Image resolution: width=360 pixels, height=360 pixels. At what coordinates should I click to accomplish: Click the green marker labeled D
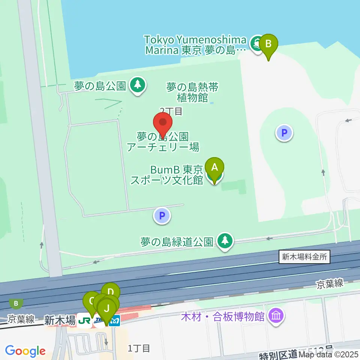pos(110,292)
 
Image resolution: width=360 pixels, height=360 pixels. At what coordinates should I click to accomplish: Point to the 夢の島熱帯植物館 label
pos(192,92)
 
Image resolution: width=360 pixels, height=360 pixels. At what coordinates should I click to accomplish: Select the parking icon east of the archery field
pos(284,133)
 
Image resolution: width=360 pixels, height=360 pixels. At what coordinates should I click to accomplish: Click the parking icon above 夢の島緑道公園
pos(162,216)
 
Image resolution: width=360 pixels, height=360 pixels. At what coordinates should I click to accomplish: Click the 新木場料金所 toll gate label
pos(304,257)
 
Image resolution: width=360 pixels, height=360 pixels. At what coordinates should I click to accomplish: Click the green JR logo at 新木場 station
pos(85,321)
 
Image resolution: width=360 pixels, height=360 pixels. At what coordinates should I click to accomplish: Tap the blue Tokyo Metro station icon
pos(115,321)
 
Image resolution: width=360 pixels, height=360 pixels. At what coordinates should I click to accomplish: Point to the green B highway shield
pos(16,303)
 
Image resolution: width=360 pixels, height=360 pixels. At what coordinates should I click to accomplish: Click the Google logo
pos(25,351)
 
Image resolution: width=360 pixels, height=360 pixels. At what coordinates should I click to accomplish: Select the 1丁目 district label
pos(139,348)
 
